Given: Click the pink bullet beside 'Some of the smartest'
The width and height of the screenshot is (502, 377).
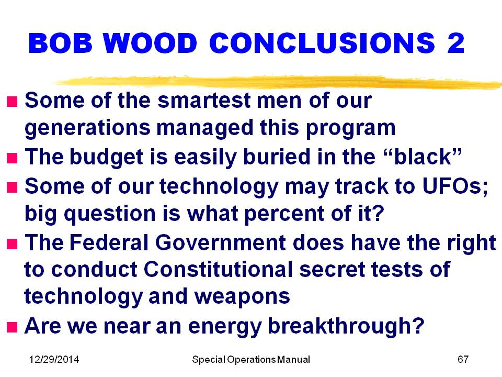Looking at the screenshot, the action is click(12, 102).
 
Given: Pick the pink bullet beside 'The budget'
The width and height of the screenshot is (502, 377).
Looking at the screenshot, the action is click(12, 158).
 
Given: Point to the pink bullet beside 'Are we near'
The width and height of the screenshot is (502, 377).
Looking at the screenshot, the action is click(12, 327).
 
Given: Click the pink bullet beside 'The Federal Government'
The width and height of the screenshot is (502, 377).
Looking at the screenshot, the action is click(12, 243).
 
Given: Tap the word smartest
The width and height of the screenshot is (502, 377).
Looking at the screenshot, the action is click(204, 101).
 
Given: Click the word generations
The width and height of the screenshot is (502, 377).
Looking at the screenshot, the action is click(87, 129).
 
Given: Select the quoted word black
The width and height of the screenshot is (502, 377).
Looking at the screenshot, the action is click(423, 157).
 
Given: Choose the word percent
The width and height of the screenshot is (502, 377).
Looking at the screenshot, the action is click(284, 214).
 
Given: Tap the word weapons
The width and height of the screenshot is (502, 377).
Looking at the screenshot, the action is click(242, 297).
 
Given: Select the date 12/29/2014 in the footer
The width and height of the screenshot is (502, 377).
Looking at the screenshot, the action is click(54, 359).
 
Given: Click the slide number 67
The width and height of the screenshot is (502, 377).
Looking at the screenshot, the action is click(463, 359).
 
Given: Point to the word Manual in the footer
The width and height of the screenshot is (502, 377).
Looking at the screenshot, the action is click(293, 359).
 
